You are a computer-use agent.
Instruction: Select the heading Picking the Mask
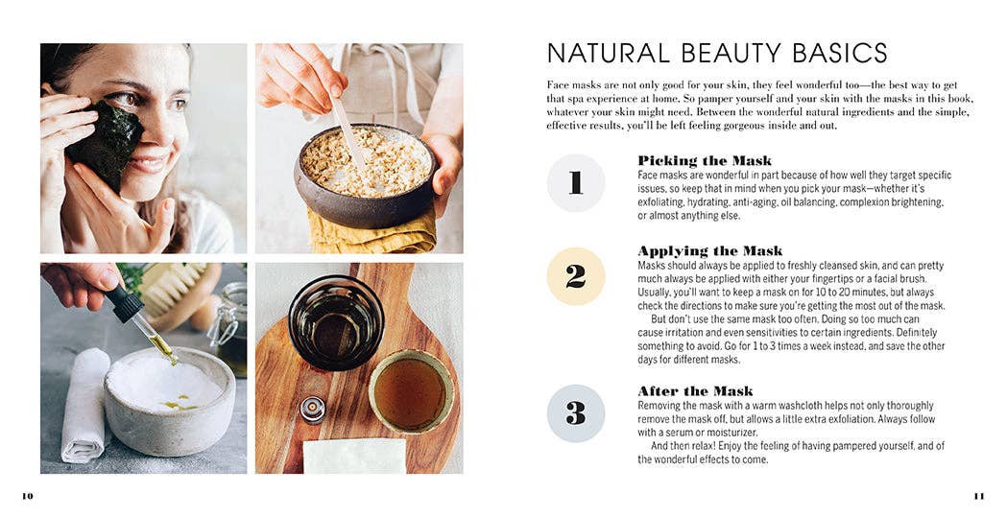[x=705, y=160]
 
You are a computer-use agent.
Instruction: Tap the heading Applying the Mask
[x=710, y=250]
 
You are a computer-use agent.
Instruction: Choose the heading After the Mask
[x=696, y=391]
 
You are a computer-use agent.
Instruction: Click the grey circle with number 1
[x=575, y=183]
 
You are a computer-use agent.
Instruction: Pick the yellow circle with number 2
[x=575, y=276]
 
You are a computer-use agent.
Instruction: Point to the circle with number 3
[x=575, y=413]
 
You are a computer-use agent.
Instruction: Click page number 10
[x=28, y=496]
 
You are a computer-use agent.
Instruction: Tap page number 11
[x=979, y=496]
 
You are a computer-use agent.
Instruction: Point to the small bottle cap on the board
[x=313, y=410]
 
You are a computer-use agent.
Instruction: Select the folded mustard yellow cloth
[x=372, y=231]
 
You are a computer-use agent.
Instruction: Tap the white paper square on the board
[x=354, y=456]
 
